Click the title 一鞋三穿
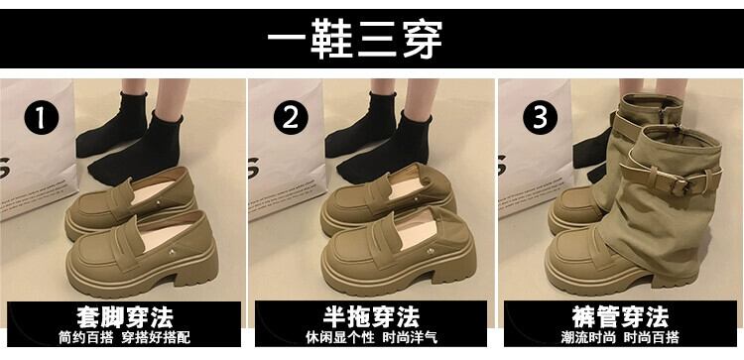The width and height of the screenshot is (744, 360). [355, 39]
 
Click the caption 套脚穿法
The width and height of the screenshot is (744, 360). [125, 316]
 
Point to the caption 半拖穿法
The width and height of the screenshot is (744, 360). [372, 316]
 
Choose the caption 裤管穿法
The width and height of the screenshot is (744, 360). [620, 316]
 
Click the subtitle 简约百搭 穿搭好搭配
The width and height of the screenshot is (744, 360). [125, 337]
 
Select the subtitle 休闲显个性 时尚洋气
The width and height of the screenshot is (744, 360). [372, 337]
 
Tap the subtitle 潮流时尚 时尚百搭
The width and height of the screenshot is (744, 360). [620, 337]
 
